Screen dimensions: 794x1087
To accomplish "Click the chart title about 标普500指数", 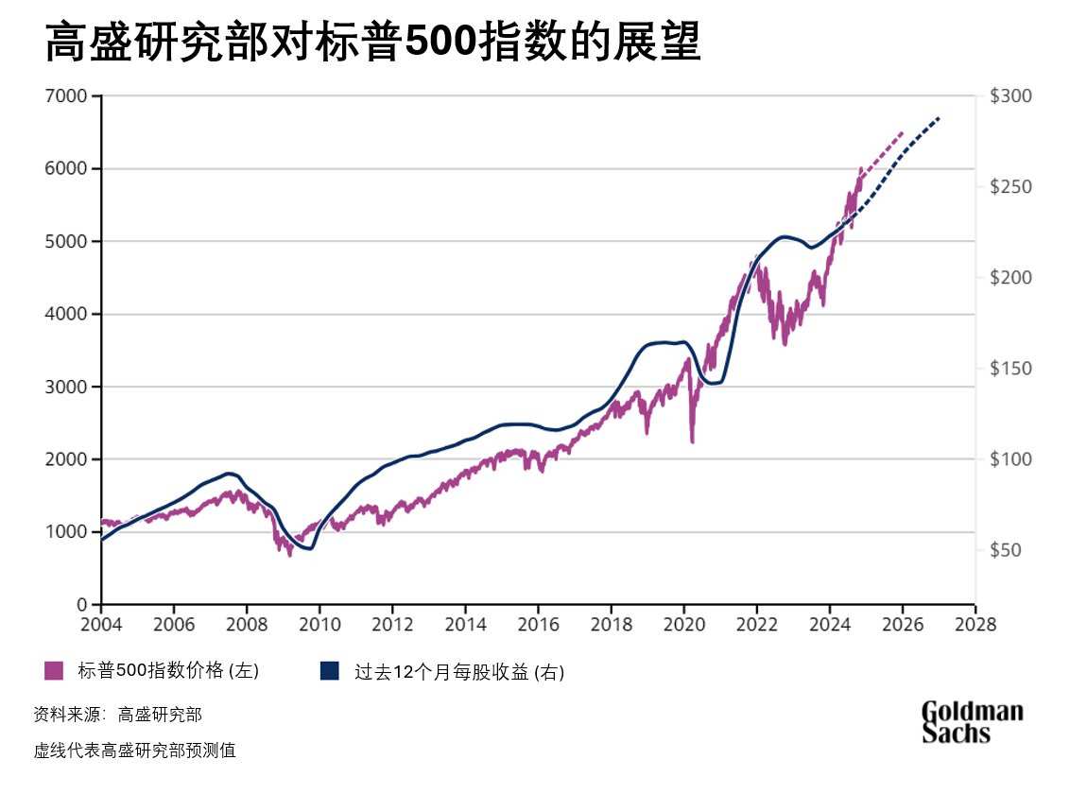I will (x=372, y=43).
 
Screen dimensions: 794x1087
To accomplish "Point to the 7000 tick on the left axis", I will (x=67, y=96).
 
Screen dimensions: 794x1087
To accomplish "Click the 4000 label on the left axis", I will (x=67, y=314).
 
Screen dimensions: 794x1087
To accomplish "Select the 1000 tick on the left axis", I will (x=67, y=532).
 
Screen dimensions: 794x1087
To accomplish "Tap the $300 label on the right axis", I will (x=1010, y=96).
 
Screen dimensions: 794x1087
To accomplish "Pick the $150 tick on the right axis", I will (x=1010, y=369).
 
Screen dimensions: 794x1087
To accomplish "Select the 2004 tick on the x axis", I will (x=101, y=625).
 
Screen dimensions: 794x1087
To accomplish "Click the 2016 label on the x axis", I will (x=538, y=625).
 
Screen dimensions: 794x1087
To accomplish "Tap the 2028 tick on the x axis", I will (x=975, y=625).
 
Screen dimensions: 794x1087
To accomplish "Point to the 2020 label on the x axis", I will (x=683, y=625).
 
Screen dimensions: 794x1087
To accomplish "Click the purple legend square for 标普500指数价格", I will (x=54, y=671).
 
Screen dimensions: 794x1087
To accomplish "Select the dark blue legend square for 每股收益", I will (x=329, y=671).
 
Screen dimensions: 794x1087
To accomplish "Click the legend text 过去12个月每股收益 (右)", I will (x=458, y=672).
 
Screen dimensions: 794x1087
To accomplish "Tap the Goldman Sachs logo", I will (x=972, y=721).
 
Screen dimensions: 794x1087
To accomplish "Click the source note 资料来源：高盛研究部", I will (x=117, y=715).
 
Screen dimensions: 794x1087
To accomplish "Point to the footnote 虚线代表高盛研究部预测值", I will (x=134, y=751).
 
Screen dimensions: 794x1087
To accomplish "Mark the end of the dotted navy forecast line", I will (x=940, y=117).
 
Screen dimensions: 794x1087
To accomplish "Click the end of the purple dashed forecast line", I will (x=903, y=132).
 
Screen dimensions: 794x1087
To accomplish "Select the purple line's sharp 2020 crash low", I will (x=692, y=441).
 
